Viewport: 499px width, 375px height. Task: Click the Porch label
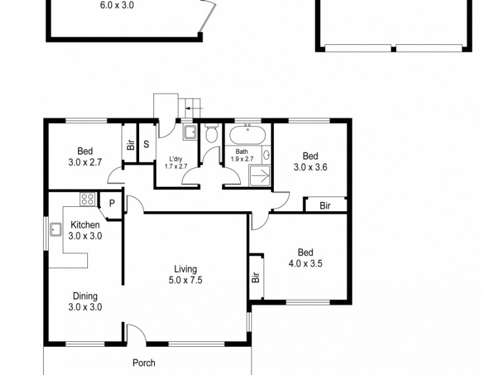point(143,362)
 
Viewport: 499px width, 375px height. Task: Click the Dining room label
point(85,296)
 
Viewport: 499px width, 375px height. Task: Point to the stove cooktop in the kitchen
point(87,200)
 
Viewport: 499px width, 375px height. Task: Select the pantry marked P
point(112,203)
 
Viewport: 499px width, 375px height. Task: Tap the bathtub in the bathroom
point(248,134)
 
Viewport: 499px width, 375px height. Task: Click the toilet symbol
point(211,134)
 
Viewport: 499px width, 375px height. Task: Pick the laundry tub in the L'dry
point(190,132)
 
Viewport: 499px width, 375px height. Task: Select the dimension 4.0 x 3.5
point(305,263)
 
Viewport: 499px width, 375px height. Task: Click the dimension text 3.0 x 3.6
point(311,167)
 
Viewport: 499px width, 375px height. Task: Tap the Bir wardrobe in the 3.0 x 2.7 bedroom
point(130,145)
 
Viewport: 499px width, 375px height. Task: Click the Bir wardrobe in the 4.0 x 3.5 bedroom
point(256,278)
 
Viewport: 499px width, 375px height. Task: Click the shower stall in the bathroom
point(261,176)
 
